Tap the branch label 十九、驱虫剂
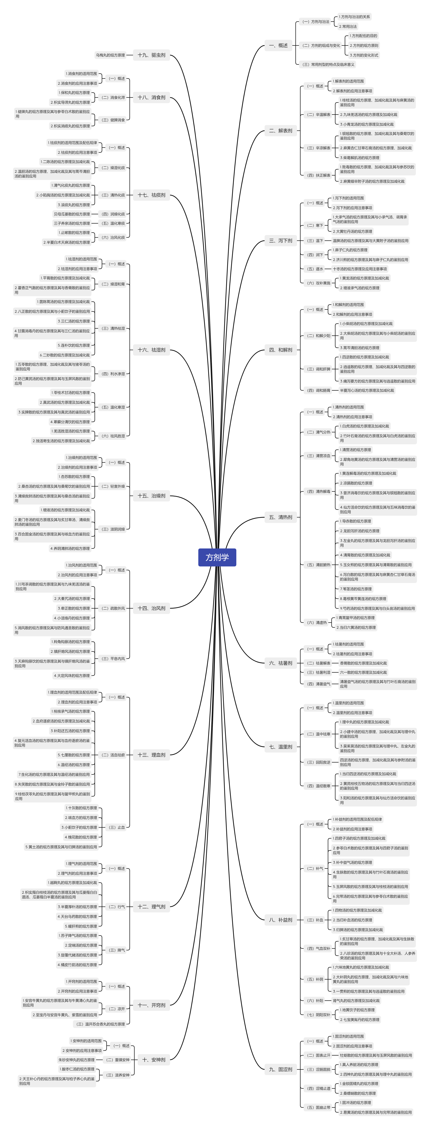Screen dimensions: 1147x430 (151, 55)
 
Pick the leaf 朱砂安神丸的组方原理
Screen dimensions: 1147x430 (77, 1060)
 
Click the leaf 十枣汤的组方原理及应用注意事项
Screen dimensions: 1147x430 (360, 269)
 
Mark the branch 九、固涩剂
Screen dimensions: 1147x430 (280, 1069)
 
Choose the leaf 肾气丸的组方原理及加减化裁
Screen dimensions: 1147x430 (356, 1000)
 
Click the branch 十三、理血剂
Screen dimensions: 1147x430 (151, 755)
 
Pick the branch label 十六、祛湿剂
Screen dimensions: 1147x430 (151, 350)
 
